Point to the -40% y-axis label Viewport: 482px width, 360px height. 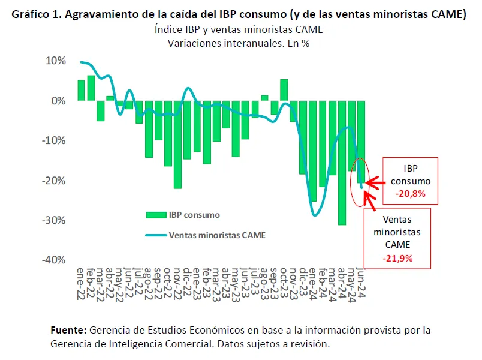53,260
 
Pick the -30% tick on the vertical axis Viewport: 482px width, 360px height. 53,220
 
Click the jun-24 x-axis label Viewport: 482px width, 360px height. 361,284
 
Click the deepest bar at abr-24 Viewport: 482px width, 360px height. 342,163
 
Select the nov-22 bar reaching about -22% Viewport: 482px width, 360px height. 178,145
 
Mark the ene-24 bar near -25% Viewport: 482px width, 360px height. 312,151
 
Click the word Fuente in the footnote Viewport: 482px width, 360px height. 68,331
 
